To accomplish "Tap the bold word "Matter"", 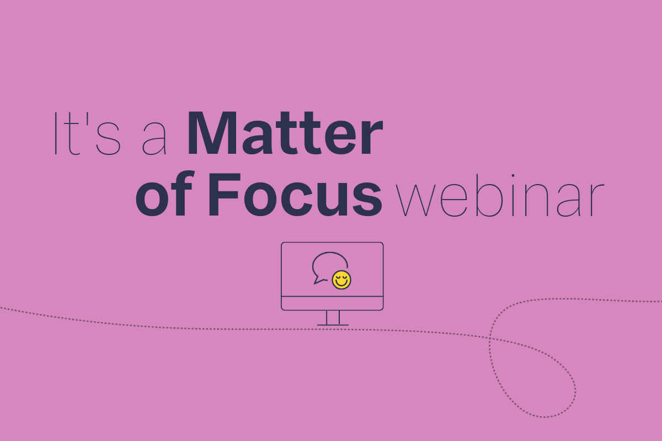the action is coord(285,133).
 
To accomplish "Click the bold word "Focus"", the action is coord(296,195).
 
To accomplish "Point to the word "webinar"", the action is coord(499,196).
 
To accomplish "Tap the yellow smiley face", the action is coord(341,280).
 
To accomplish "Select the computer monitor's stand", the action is coord(333,318).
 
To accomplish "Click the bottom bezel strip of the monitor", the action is coord(332,303).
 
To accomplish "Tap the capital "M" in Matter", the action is coord(212,133).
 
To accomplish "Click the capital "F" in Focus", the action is coord(224,195).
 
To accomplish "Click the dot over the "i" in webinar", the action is coord(513,176).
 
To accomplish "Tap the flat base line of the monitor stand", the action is coord(333,325).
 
